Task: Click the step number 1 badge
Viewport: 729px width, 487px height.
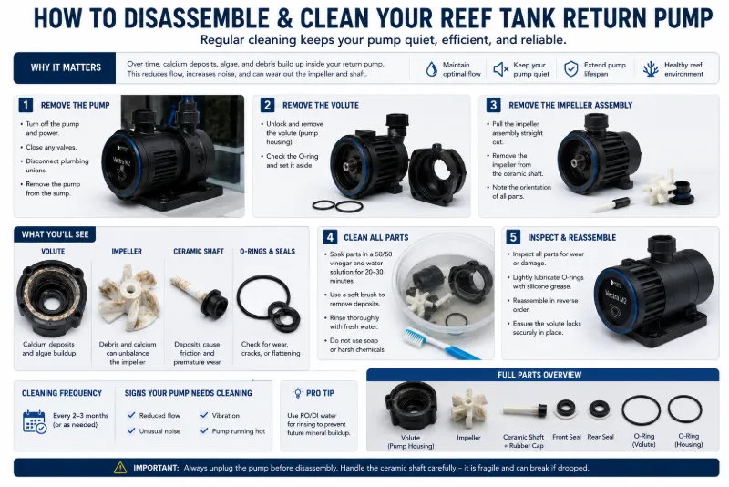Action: (26, 105)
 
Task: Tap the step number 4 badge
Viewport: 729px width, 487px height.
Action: (330, 237)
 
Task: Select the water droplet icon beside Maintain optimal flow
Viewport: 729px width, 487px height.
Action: (431, 68)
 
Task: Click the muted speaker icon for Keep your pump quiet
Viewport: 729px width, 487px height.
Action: (500, 69)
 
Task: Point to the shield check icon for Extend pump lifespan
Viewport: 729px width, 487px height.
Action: (571, 68)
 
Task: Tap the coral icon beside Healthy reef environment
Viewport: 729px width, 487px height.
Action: (651, 68)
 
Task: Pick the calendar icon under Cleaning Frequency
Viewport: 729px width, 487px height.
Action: (35, 421)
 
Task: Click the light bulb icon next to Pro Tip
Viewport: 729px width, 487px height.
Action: (297, 393)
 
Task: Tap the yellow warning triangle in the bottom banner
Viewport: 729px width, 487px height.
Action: (120, 468)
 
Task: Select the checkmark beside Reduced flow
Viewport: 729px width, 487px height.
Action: (131, 415)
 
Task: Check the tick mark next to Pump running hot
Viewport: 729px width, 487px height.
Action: (204, 430)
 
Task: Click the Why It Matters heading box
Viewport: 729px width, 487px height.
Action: (65, 67)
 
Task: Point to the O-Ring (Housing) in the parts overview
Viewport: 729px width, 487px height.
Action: (684, 409)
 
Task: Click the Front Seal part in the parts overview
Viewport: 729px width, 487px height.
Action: (566, 409)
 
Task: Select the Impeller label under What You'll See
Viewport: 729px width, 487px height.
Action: (127, 251)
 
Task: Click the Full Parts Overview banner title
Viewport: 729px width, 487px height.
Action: (539, 375)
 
